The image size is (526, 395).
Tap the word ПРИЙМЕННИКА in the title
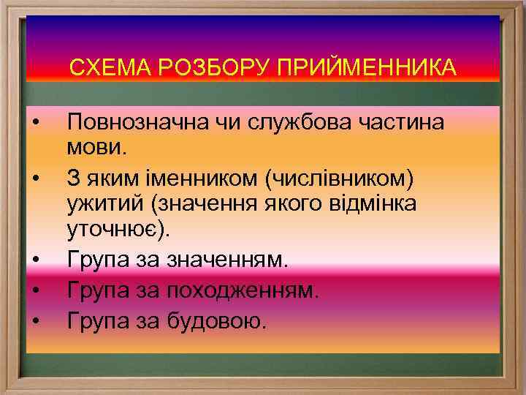pos(366,68)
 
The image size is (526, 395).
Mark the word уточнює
pos(117,231)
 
